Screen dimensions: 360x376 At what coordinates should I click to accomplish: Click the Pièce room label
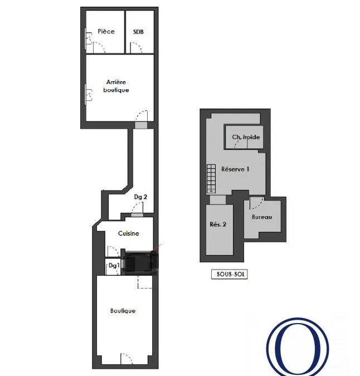(106, 31)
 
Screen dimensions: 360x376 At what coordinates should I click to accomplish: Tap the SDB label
(138, 32)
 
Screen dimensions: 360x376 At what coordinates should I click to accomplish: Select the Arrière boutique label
(116, 86)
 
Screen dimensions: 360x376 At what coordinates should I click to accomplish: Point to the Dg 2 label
(140, 197)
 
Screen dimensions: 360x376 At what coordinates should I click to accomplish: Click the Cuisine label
(128, 233)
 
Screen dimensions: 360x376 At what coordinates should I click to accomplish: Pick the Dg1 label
(114, 266)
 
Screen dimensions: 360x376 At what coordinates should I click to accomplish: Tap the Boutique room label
(123, 311)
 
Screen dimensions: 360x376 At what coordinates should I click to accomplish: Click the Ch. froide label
(246, 137)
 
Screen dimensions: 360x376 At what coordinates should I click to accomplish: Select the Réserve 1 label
(235, 169)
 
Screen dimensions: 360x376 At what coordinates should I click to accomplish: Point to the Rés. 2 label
(218, 224)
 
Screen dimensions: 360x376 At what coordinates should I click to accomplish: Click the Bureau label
(262, 217)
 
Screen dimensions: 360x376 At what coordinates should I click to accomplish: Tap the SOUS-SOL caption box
(229, 274)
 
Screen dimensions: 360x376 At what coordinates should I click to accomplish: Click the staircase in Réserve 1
(211, 179)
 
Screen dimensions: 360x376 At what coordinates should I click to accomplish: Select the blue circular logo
(298, 346)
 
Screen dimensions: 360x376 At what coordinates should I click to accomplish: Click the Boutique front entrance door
(126, 359)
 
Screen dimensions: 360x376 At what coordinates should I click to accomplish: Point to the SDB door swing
(136, 48)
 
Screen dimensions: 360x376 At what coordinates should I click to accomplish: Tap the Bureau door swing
(257, 203)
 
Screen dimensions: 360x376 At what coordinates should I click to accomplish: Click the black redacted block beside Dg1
(140, 262)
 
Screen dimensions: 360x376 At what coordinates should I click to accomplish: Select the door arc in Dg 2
(138, 207)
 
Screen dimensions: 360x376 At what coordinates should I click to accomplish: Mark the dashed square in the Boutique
(145, 282)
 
